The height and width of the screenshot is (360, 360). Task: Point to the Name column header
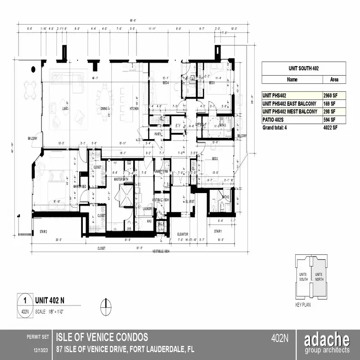(x=292, y=80)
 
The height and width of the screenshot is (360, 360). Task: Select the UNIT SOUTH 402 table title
(x=306, y=68)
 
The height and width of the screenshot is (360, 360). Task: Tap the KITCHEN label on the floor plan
(x=134, y=109)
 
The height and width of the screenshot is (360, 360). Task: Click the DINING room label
(x=104, y=108)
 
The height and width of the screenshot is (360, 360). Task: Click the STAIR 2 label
(x=44, y=231)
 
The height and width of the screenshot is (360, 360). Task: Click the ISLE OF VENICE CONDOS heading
(x=101, y=337)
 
